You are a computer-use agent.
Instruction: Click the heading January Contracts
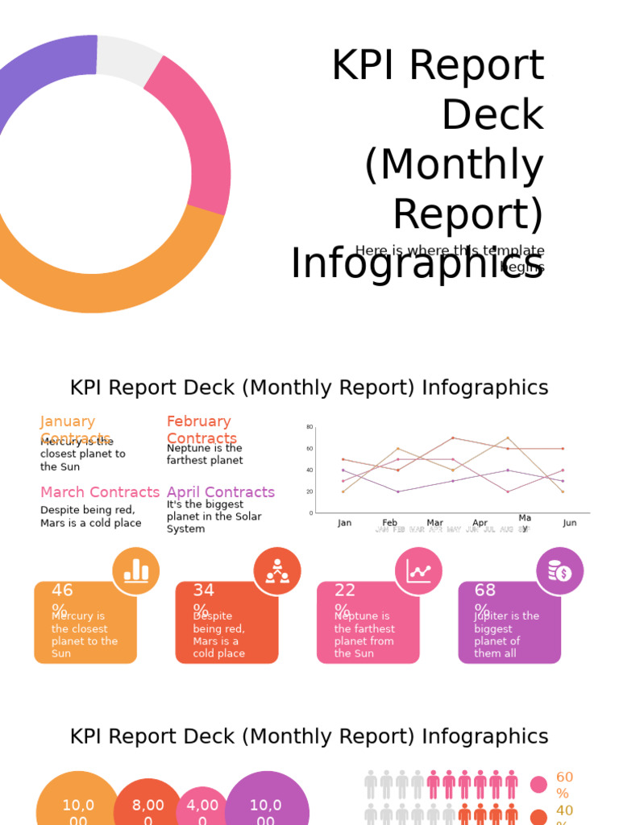[68, 422]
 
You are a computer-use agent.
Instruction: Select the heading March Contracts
[100, 492]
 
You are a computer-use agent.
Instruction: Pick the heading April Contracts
[221, 492]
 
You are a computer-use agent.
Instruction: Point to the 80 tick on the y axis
[309, 427]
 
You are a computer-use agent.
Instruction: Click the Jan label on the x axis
[345, 523]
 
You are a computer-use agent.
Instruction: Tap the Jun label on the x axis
[570, 523]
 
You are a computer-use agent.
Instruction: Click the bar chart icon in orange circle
[136, 570]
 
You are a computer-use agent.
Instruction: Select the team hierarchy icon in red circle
[277, 570]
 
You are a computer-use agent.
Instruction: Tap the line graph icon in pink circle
[418, 570]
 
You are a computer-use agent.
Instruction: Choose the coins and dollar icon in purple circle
[559, 570]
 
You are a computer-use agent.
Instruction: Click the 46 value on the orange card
[62, 591]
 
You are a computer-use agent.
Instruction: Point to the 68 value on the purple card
[484, 591]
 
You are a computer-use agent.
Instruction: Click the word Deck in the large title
[492, 115]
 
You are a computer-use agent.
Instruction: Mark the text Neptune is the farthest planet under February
[205, 454]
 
